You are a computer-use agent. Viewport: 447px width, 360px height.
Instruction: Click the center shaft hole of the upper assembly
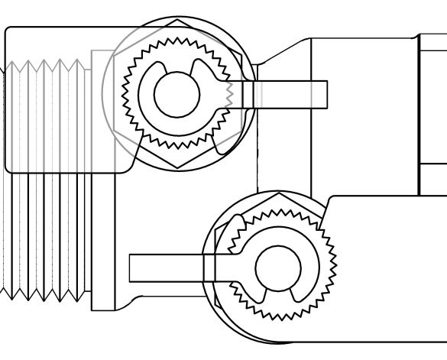[x=177, y=94]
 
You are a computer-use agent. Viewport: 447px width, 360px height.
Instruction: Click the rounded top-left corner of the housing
[x=9, y=31]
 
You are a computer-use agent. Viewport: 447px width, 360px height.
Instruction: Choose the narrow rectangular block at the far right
[x=432, y=115]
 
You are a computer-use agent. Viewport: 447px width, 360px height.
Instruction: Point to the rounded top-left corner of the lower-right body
[x=331, y=199]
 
